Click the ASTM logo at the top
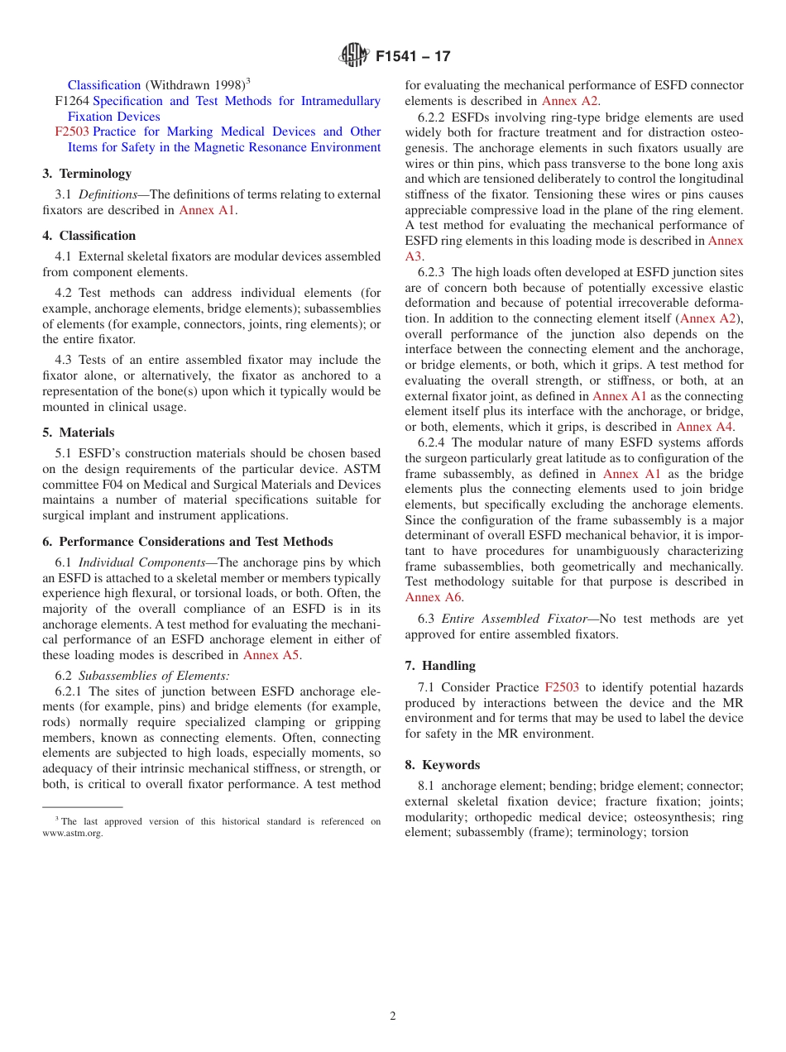pos(353,56)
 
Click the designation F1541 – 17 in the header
pos(413,57)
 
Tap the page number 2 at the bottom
pos(393,1016)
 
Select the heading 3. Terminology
pos(87,174)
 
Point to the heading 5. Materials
pos(79,433)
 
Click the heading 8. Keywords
pos(443,765)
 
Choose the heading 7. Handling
pos(440,666)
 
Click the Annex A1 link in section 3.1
pos(207,210)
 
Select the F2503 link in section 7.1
pos(561,687)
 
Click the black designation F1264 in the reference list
pos(72,101)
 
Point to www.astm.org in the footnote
pos(73,834)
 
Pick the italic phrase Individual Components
pos(141,563)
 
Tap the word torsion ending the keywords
pos(669,832)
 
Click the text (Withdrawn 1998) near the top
pos(195,85)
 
